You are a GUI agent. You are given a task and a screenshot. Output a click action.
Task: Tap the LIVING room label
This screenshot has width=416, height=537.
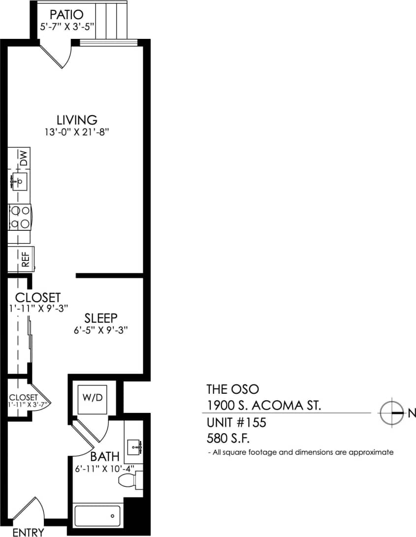[x=77, y=120]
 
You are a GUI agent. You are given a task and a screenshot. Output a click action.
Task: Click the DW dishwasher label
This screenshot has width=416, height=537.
[x=23, y=158]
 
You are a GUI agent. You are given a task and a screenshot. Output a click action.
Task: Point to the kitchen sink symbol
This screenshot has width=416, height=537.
[x=19, y=181]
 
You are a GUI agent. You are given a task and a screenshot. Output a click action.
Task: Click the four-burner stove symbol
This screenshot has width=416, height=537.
[x=20, y=217]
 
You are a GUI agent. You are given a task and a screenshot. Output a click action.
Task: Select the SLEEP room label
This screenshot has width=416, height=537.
[x=101, y=318]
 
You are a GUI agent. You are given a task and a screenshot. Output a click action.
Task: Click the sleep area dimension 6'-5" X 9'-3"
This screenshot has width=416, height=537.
[x=101, y=330]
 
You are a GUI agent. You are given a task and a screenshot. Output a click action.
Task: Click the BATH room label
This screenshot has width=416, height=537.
[x=105, y=457]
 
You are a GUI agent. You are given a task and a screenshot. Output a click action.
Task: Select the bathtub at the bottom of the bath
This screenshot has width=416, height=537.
[x=97, y=516]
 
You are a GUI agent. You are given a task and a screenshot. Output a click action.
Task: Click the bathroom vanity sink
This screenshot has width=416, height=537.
[x=134, y=447]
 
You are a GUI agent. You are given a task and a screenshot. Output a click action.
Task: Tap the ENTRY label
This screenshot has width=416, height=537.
[x=28, y=532]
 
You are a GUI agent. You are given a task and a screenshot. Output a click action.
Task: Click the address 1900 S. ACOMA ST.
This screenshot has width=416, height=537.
[x=264, y=406]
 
